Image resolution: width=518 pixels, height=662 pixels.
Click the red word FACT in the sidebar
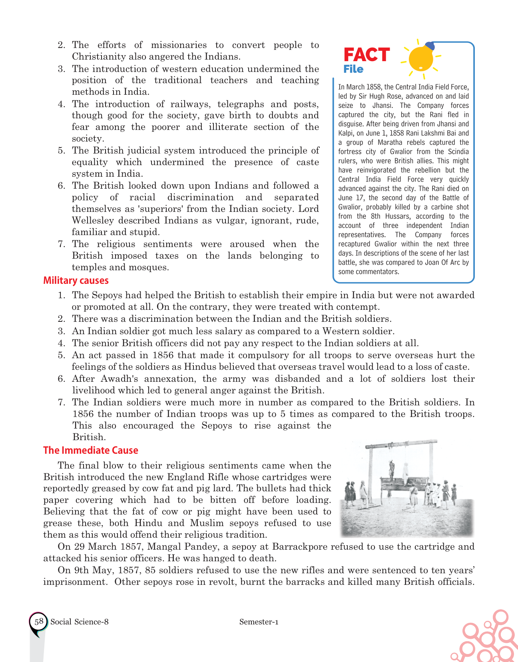[x=367, y=55]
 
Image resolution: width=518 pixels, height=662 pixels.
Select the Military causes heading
[x=76, y=281]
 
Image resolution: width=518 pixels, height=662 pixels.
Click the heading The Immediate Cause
[x=91, y=451]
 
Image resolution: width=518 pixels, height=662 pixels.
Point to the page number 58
[x=39, y=622]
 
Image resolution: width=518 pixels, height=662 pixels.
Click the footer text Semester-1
[x=259, y=622]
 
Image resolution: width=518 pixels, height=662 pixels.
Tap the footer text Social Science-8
[x=80, y=622]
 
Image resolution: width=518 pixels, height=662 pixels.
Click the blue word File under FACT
[x=353, y=69]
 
